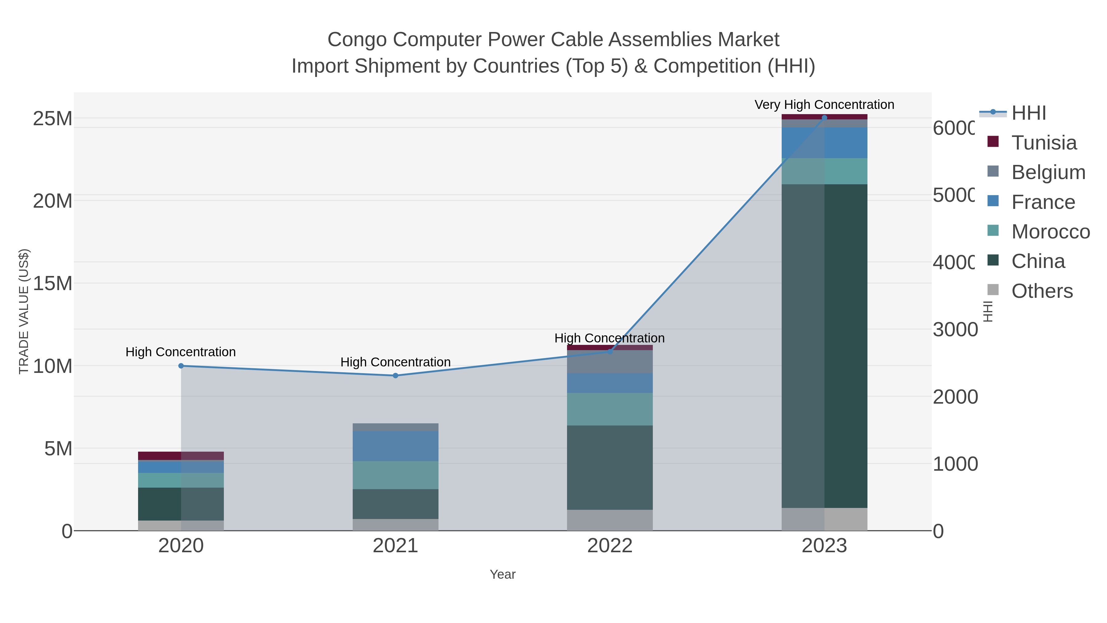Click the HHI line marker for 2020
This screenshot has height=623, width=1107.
coord(181,366)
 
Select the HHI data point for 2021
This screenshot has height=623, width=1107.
coord(395,375)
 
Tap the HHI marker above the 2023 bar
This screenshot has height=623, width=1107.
coord(824,118)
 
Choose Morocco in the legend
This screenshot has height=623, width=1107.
coord(1050,232)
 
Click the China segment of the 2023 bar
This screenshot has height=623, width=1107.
coord(824,346)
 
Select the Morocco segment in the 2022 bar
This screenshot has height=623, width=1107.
coord(609,409)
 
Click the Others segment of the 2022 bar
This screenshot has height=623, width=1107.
coord(609,520)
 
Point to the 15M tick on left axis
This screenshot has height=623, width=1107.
coord(52,283)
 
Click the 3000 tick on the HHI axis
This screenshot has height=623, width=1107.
coord(955,330)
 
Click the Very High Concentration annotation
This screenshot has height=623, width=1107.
coord(824,105)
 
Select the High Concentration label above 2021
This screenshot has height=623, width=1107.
coord(395,362)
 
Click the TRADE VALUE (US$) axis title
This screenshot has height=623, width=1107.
coord(24,311)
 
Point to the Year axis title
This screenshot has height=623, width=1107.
coord(502,574)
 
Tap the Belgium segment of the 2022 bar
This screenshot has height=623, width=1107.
coord(609,361)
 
